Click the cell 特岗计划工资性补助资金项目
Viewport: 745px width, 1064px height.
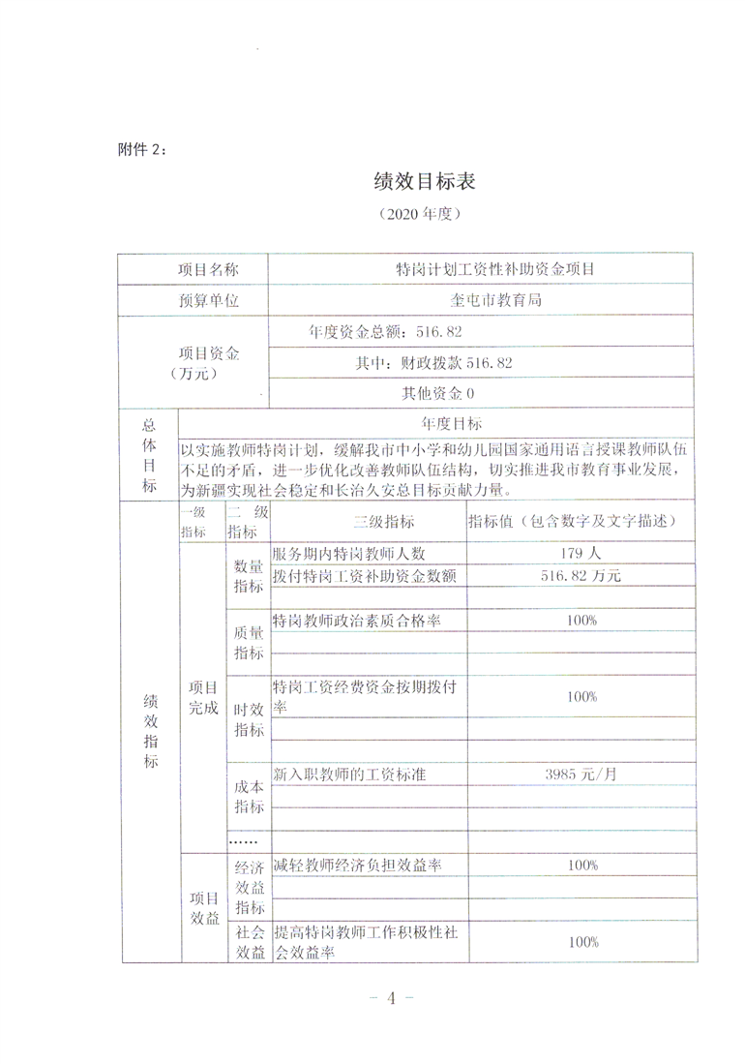click(x=480, y=268)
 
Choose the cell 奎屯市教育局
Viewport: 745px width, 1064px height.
click(x=480, y=300)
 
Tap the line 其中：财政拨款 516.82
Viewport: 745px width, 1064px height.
click(x=433, y=363)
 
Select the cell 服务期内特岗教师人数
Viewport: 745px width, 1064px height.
click(x=349, y=554)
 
